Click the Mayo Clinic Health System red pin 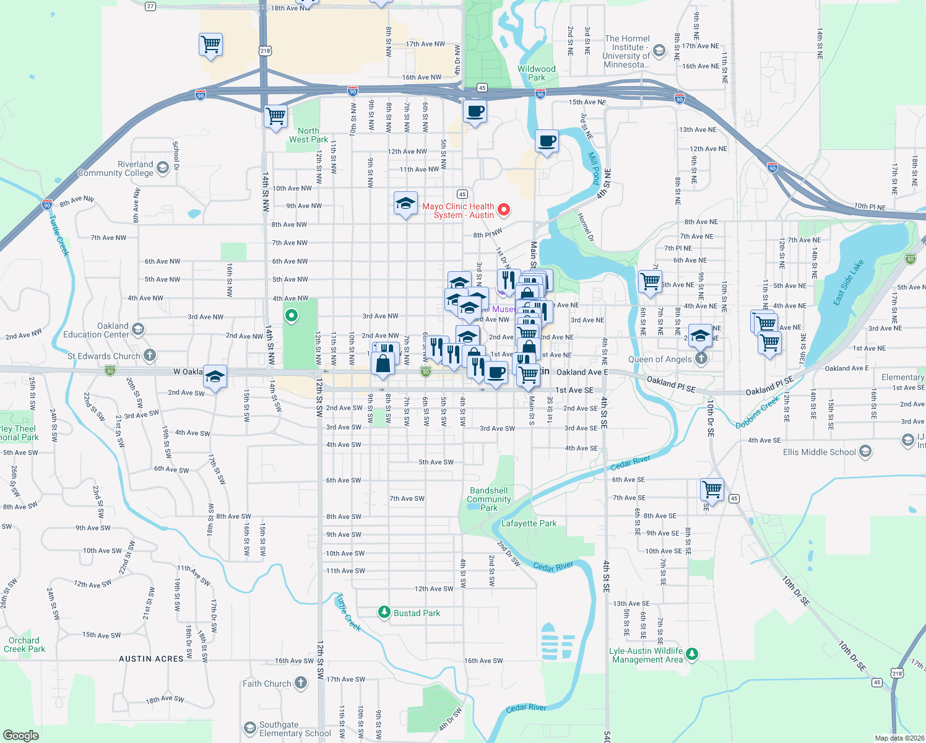pyautogui.click(x=504, y=210)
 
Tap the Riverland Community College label pyautogui.click(x=116, y=168)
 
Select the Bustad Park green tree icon pyautogui.click(x=384, y=612)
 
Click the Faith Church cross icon pyautogui.click(x=300, y=683)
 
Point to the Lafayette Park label pyautogui.click(x=529, y=523)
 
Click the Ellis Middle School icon pyautogui.click(x=865, y=451)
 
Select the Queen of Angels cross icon pyautogui.click(x=701, y=358)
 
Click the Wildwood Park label pyautogui.click(x=537, y=73)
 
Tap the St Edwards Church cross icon pyautogui.click(x=150, y=355)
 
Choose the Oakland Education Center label pyautogui.click(x=96, y=330)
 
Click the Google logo pyautogui.click(x=21, y=735)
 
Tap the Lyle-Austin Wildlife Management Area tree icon pyautogui.click(x=692, y=654)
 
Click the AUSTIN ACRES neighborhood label pyautogui.click(x=151, y=659)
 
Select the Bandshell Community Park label pyautogui.click(x=489, y=499)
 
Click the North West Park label pyautogui.click(x=308, y=135)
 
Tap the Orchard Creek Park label pyautogui.click(x=24, y=645)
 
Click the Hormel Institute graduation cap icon pyautogui.click(x=659, y=51)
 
